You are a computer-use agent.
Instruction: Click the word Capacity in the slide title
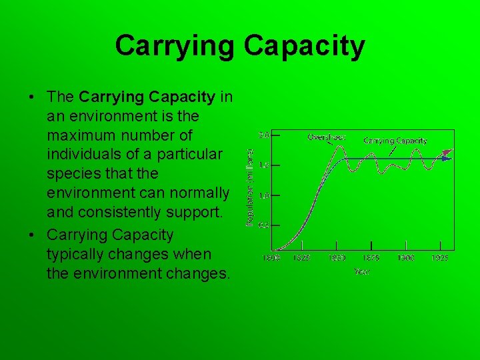[x=304, y=46]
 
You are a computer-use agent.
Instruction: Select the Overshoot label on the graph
[x=326, y=137]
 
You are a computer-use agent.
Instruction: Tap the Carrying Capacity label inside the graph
[x=395, y=141]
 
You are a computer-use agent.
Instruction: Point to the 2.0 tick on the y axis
[x=264, y=135]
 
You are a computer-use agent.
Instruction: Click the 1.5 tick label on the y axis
[x=264, y=165]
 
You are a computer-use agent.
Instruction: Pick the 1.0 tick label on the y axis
[x=264, y=195]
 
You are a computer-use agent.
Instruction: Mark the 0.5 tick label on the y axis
[x=264, y=225]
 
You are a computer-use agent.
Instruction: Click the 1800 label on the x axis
[x=271, y=257]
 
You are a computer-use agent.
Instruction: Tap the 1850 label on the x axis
[x=336, y=257]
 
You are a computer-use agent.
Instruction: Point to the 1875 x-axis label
[x=371, y=257]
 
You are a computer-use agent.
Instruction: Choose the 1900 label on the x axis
[x=405, y=257]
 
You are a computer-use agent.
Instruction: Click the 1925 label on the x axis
[x=439, y=257]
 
